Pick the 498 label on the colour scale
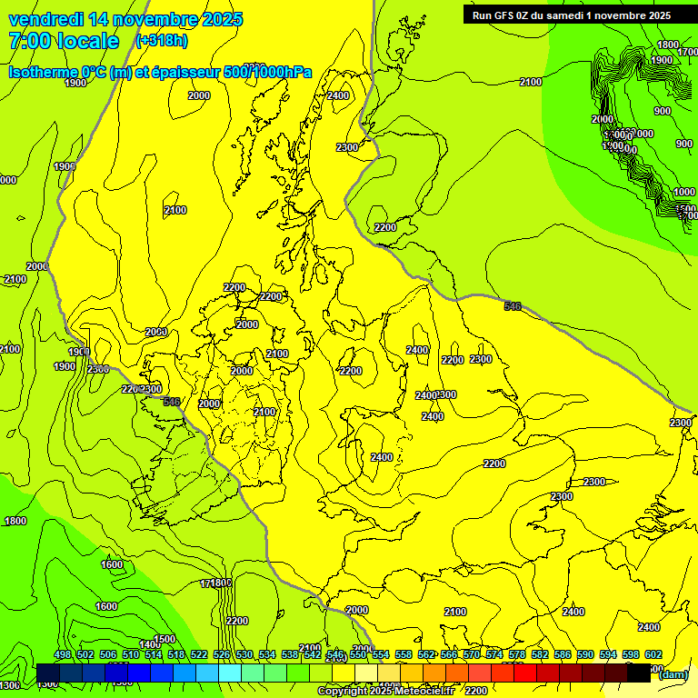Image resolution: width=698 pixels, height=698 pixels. click(x=63, y=654)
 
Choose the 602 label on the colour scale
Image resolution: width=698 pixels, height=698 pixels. click(x=653, y=654)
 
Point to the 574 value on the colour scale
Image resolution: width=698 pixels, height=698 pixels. click(x=494, y=654)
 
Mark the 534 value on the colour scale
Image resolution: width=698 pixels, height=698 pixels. click(x=267, y=654)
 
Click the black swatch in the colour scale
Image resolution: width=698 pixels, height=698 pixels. click(x=639, y=673)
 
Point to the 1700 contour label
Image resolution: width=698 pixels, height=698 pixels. click(x=688, y=53)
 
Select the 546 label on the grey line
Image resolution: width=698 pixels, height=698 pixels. click(x=513, y=306)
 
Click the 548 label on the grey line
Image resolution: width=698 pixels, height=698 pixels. click(x=172, y=401)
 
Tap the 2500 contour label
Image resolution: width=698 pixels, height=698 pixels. click(x=97, y=369)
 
